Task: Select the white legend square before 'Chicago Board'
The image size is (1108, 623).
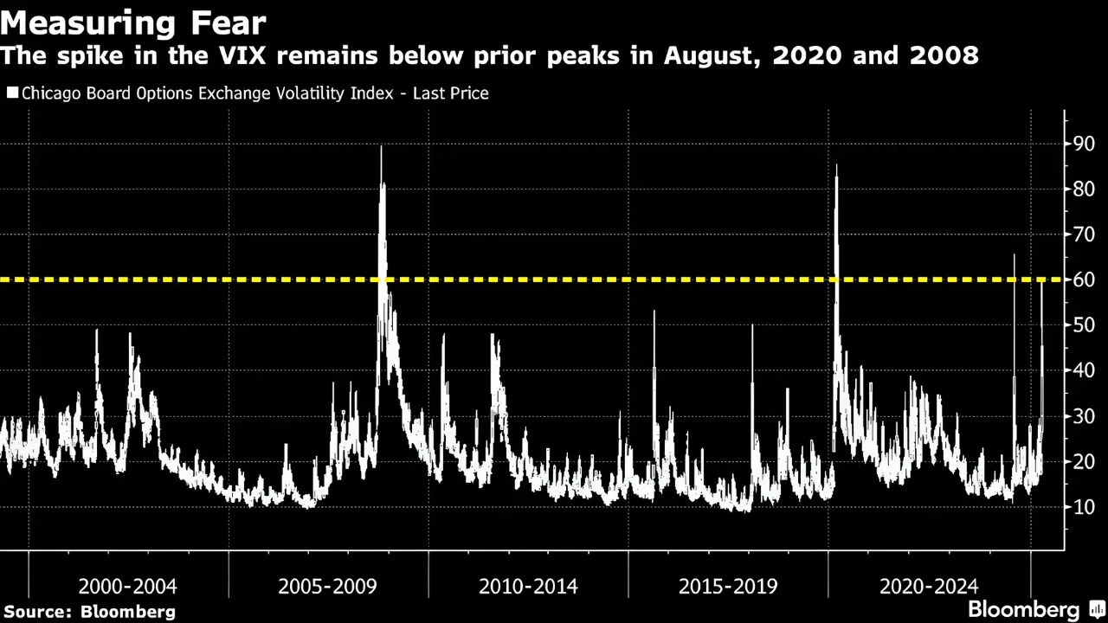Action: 12,93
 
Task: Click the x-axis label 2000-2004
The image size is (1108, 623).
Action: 127,587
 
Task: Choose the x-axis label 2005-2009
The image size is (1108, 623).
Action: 327,587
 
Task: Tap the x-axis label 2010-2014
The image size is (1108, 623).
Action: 528,587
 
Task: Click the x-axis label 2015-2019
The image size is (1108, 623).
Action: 728,587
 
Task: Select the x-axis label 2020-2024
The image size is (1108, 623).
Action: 929,587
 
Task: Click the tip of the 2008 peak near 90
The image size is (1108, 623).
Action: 381,146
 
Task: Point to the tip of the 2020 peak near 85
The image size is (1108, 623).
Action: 836,165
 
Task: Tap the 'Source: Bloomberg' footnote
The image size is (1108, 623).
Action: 88,612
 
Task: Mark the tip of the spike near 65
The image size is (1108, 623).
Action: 1014,255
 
